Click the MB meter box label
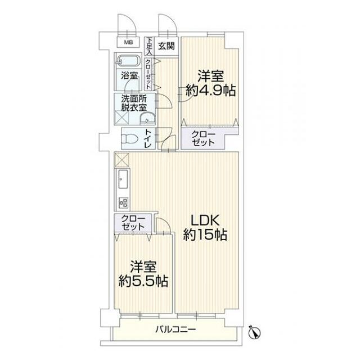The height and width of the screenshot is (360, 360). coord(128,42)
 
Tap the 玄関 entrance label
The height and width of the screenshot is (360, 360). coord(166,46)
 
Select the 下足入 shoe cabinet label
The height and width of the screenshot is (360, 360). coord(149,46)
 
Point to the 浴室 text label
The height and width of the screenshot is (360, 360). coord(129,75)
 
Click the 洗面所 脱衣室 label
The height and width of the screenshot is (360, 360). coord(134,103)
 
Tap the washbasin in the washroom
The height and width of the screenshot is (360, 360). coord(147,119)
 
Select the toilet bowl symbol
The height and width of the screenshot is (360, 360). coord(129,139)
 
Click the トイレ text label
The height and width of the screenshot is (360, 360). coord(147,138)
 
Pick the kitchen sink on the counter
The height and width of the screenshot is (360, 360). coord(123,179)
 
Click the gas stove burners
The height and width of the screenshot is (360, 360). coord(123,203)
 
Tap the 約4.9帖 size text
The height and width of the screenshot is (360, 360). coord(210,90)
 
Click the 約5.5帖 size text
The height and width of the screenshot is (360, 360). coord(143,281)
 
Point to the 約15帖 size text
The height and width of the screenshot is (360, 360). coord(205,235)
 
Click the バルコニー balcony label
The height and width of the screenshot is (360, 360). coord(175,330)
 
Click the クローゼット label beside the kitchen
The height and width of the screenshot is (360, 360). coord(133,223)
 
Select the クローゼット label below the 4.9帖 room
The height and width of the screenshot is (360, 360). coord(203,138)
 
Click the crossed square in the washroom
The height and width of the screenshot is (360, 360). coord(123,118)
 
